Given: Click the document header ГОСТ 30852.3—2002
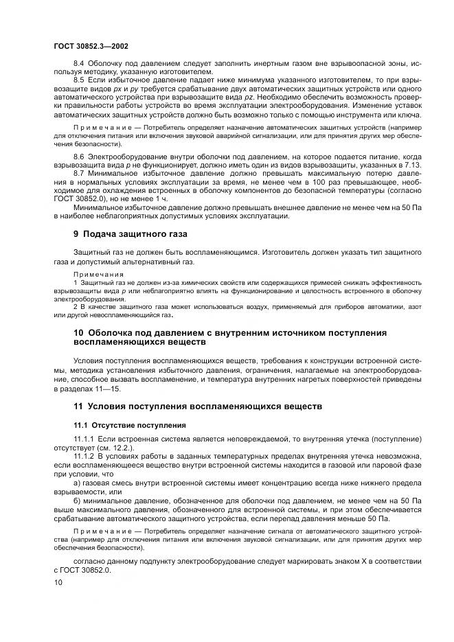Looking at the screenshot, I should [x=89, y=46].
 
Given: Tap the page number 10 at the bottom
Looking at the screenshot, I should [x=58, y=582].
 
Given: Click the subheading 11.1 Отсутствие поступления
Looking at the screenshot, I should [x=120, y=425].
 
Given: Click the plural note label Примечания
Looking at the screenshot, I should [x=93, y=274].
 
